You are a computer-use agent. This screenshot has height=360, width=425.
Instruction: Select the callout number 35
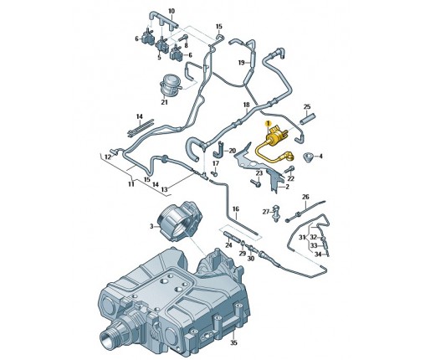pos(233,342)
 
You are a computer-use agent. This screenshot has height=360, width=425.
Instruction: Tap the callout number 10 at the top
pos(172,11)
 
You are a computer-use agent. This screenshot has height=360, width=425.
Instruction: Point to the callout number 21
pos(165,102)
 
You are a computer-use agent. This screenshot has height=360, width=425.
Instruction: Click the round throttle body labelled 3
pos(178,219)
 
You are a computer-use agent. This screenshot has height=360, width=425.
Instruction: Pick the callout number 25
pos(307,106)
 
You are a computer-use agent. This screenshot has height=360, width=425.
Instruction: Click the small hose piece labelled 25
pos(307,118)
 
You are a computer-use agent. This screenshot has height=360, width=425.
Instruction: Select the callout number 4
pos(320,157)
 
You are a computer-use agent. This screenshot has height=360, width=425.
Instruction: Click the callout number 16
pos(236,208)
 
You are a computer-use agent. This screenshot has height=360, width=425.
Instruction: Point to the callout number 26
pos(305,197)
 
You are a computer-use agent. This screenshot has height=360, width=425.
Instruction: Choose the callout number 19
pos(242,63)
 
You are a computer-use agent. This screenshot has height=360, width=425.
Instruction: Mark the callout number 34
pos(318,255)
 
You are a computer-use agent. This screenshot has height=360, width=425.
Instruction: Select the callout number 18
pos(246,105)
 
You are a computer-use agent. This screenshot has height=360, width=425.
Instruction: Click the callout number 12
pos(108,157)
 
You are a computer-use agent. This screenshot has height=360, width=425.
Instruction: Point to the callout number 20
pos(233,151)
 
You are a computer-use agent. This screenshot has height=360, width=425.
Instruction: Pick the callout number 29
pos(243,253)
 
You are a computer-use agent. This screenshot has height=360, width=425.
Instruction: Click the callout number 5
pos(159,58)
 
